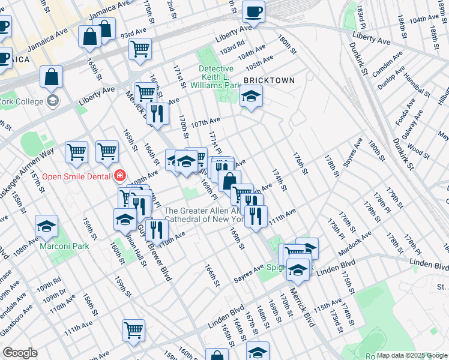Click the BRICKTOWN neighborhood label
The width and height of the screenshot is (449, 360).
click(269, 80)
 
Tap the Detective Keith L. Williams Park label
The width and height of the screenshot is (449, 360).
click(228, 77)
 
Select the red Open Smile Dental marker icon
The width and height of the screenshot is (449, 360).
click(120, 176)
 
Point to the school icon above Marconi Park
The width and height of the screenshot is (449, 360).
click(46, 227)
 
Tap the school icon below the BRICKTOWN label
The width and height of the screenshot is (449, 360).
click(251, 96)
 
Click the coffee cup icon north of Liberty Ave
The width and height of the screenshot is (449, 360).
click(253, 11)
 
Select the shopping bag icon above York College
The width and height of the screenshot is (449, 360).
click(52, 77)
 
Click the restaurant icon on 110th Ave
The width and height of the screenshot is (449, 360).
click(156, 229)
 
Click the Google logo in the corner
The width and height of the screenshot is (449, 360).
click(20, 353)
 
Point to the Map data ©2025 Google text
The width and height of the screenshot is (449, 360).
click(411, 355)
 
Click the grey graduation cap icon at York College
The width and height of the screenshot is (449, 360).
click(53, 100)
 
